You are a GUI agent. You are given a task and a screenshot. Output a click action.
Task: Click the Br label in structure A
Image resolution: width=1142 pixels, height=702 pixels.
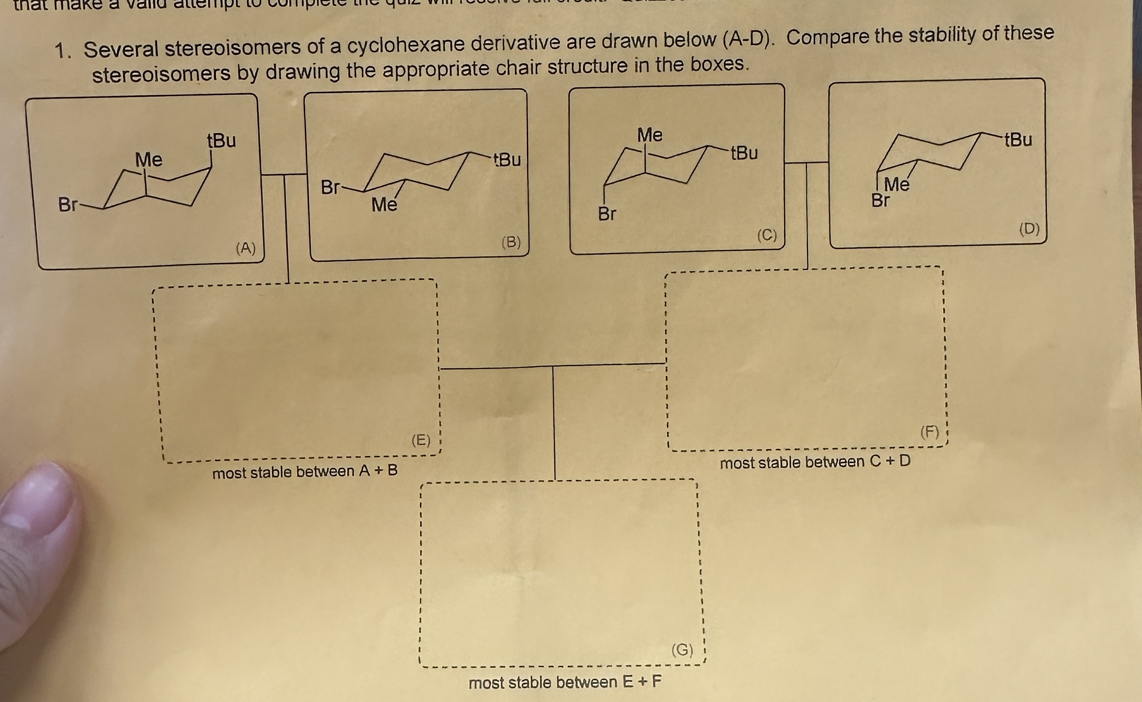(x=67, y=205)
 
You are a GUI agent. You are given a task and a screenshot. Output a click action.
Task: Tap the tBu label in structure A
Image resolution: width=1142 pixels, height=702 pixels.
(x=222, y=140)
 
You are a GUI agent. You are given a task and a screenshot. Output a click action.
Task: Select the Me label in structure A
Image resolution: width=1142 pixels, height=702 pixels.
(x=149, y=159)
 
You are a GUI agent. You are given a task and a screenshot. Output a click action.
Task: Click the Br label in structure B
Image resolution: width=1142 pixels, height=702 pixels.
(x=330, y=187)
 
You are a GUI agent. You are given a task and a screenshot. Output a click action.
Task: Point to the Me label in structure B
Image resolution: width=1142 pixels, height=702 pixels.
(x=384, y=205)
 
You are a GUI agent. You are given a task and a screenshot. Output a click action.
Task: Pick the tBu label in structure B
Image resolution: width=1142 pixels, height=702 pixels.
(x=507, y=159)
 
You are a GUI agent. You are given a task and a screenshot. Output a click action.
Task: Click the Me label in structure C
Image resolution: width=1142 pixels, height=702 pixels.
(x=649, y=135)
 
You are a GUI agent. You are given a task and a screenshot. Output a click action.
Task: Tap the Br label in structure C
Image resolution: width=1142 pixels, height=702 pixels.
(x=607, y=213)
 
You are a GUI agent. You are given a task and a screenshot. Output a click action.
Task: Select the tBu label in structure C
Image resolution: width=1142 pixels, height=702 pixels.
(x=744, y=153)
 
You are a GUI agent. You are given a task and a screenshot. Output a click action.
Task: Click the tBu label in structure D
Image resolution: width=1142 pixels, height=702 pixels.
(x=1018, y=140)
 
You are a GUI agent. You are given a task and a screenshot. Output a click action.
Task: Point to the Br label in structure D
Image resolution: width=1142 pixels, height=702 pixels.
(x=880, y=200)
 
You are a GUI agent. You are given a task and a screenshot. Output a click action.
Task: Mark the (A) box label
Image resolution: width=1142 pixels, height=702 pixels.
(x=246, y=248)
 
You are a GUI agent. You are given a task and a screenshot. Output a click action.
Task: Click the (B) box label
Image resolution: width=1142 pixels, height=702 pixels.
(x=511, y=242)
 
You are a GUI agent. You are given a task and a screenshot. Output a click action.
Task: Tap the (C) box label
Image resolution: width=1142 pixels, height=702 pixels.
(x=767, y=235)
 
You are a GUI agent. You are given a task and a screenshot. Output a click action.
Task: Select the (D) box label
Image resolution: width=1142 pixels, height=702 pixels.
(x=1029, y=228)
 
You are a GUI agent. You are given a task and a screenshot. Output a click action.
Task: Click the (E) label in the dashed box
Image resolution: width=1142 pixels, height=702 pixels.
(x=421, y=440)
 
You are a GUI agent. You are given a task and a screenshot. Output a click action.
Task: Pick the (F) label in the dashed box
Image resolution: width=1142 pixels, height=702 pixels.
(x=930, y=431)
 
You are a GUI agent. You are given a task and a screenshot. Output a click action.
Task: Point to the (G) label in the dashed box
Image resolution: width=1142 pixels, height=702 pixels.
(x=682, y=650)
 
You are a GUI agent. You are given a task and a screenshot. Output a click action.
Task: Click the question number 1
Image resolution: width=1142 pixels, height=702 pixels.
(x=62, y=51)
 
